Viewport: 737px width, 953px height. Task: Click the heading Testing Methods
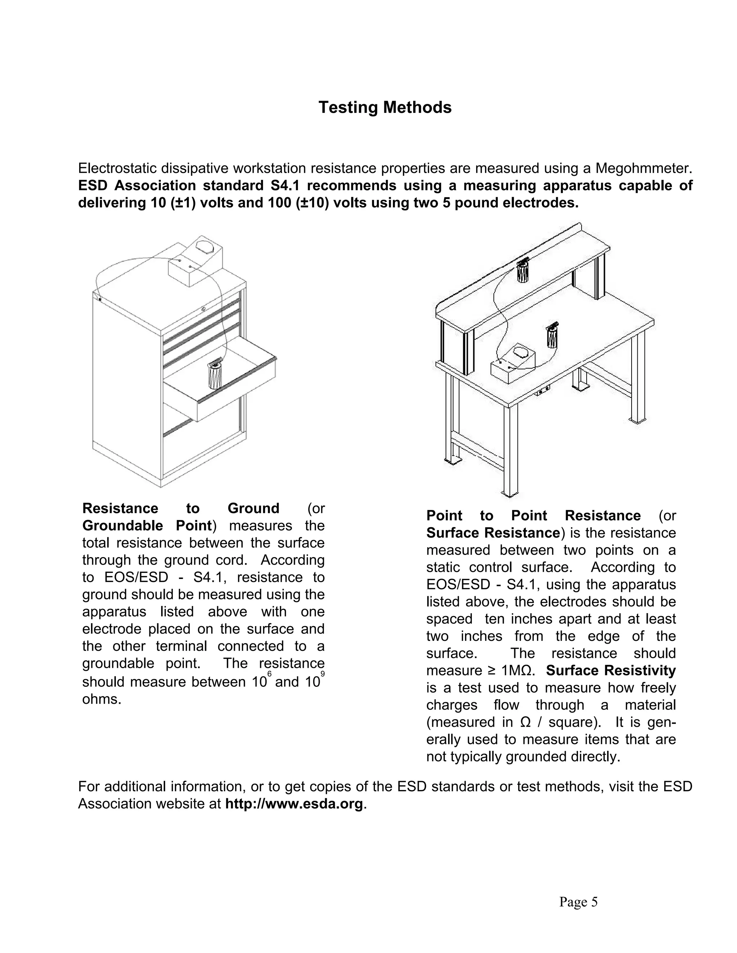385,107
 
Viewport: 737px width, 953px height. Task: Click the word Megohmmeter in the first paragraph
644,168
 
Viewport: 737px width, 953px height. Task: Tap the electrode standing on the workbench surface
552,336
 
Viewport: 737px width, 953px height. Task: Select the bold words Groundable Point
147,525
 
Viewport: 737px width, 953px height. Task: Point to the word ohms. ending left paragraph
101,699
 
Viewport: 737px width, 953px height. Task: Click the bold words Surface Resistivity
610,670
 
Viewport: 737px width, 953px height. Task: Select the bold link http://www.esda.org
294,803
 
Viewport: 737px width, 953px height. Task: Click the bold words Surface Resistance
493,533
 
